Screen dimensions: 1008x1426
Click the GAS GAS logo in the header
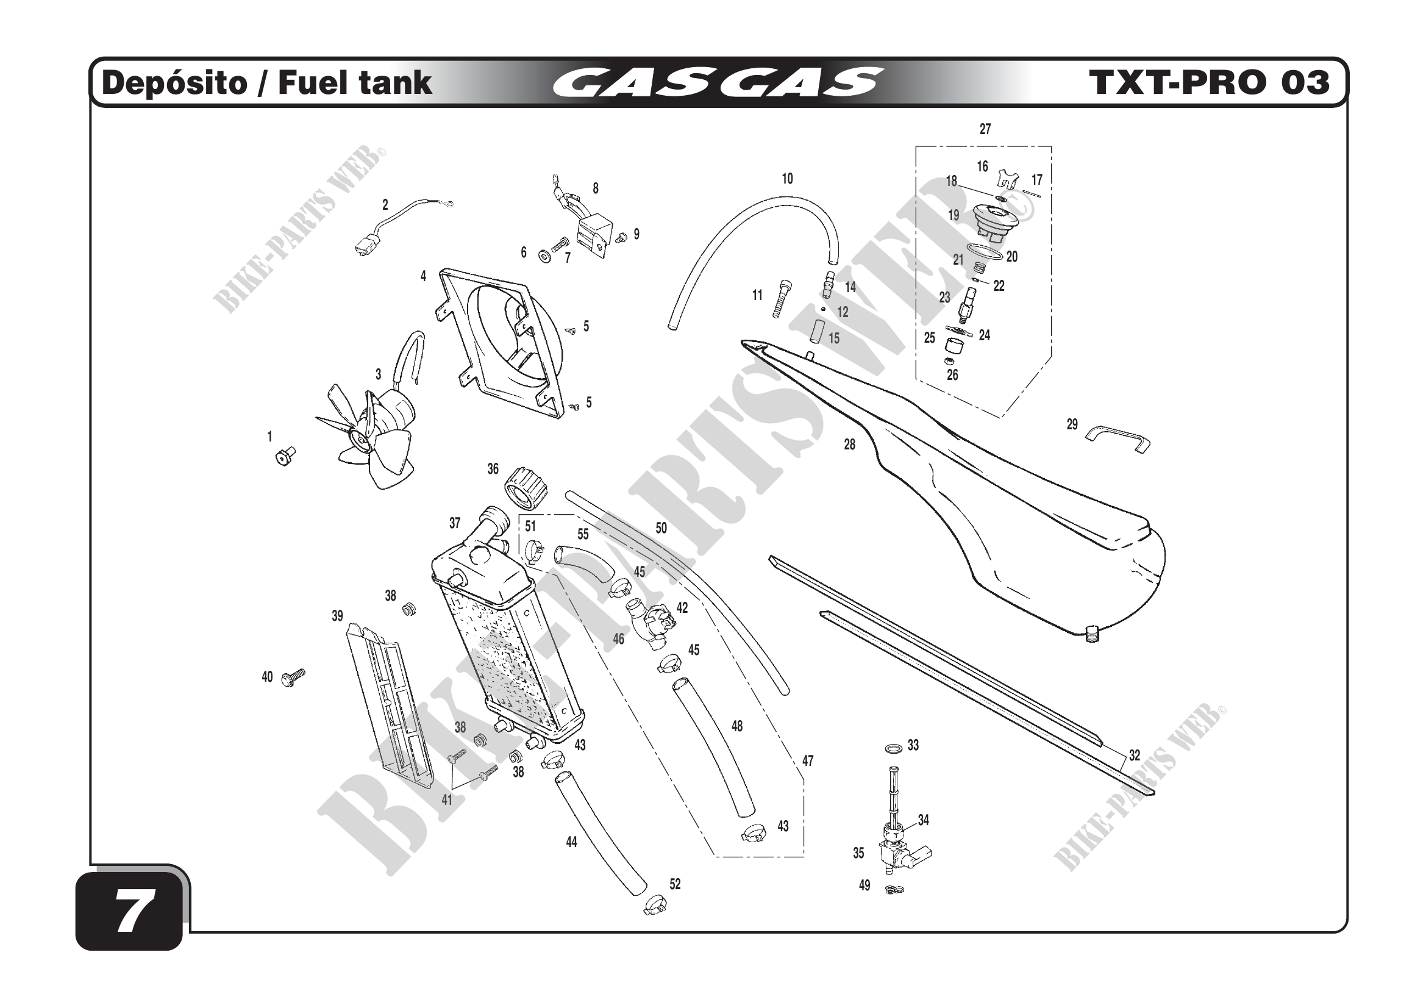pos(717,83)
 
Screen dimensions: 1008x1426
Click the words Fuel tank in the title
pos(355,83)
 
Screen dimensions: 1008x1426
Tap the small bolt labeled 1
pos(285,457)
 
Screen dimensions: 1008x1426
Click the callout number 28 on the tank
pos(849,445)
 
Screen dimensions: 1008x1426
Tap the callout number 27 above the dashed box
pos(985,129)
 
